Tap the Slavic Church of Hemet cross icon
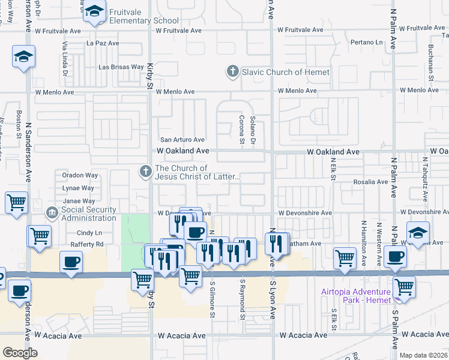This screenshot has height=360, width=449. tap(232, 72)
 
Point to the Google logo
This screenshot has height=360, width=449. tap(20, 352)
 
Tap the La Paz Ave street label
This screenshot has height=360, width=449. tap(103, 43)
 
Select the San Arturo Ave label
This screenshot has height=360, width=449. tap(182, 139)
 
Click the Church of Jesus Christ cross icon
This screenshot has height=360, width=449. tap(145, 172)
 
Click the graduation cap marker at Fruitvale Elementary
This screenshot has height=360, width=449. tap(94, 11)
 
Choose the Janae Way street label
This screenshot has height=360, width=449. tap(79, 201)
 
